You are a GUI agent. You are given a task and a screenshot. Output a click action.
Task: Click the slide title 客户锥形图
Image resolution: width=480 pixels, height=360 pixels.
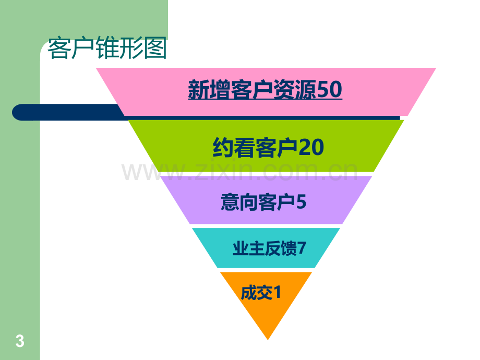click(107, 48)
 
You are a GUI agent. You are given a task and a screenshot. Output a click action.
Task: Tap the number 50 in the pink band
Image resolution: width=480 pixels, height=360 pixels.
click(329, 89)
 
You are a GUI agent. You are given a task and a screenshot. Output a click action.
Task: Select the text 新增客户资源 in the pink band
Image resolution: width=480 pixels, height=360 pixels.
click(252, 89)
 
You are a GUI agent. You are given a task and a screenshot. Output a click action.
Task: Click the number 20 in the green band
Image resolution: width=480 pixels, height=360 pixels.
click(311, 148)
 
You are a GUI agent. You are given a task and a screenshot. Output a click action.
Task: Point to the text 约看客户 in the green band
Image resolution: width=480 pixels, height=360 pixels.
click(255, 148)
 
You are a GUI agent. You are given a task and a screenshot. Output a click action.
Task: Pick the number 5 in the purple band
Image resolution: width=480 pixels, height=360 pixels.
click(301, 202)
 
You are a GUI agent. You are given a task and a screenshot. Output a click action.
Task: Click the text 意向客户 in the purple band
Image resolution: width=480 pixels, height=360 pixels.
click(258, 202)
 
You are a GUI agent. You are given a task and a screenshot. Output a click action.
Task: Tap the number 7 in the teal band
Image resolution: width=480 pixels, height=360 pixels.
click(302, 248)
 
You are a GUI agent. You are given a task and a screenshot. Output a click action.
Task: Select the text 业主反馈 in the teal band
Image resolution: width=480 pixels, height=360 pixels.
click(265, 248)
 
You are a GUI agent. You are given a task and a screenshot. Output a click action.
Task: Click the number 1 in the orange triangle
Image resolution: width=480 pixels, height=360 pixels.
click(277, 292)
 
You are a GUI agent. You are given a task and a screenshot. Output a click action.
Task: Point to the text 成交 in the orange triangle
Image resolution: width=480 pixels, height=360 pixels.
click(257, 293)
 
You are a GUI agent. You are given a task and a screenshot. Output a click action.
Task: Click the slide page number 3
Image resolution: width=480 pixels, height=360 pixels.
click(20, 341)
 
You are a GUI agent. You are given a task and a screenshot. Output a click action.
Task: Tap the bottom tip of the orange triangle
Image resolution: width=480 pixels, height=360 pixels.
click(268, 340)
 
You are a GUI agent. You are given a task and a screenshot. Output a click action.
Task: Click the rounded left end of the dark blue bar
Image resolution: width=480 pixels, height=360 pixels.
click(16, 112)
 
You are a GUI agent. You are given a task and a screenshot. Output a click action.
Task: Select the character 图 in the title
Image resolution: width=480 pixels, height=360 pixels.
click(155, 48)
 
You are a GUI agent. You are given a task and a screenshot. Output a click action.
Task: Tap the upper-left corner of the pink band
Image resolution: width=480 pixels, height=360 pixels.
click(96, 68)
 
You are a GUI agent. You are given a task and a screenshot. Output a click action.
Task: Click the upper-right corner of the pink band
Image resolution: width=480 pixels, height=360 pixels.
click(436, 68)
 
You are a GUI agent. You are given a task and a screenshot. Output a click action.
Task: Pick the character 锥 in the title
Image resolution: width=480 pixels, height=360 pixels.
click(107, 48)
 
